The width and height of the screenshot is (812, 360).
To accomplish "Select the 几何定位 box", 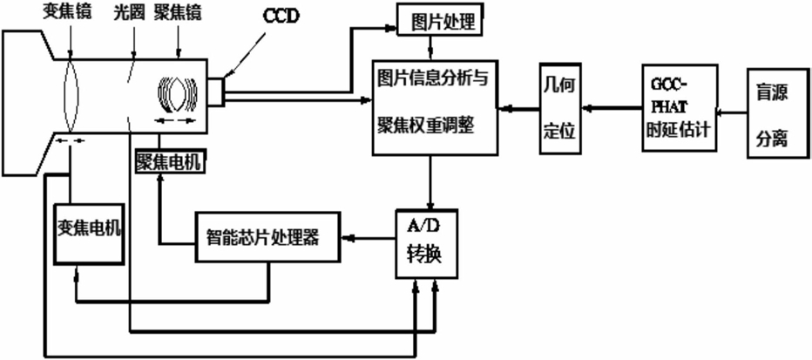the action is pyautogui.click(x=560, y=109).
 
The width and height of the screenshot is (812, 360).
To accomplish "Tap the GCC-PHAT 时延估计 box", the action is pyautogui.click(x=680, y=108).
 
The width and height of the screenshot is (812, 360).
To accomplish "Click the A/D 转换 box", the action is pyautogui.click(x=427, y=243).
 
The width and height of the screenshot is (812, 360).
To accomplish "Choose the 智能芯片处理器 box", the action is pyautogui.click(x=267, y=237).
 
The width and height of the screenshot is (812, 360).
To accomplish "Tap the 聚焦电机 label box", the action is pyautogui.click(x=169, y=161).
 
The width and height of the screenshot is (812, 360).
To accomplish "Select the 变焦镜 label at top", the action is pyautogui.click(x=67, y=13).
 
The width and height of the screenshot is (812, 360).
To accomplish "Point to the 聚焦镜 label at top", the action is pyautogui.click(x=178, y=13).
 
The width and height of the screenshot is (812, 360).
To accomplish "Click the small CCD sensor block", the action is pyautogui.click(x=216, y=92).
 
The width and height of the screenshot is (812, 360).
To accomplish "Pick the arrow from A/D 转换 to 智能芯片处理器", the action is pyautogui.click(x=368, y=238).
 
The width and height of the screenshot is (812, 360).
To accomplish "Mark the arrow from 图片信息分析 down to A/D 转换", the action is pyautogui.click(x=430, y=181).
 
